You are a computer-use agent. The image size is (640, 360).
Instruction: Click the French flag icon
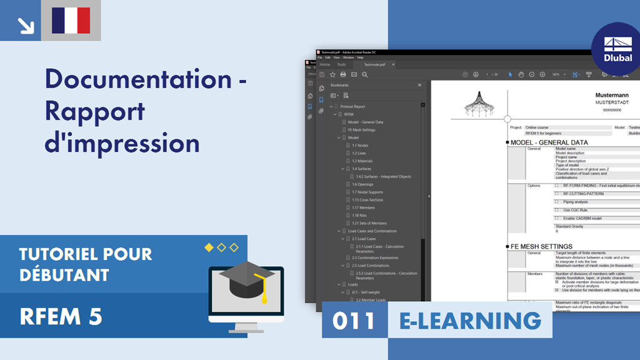[x=71, y=21]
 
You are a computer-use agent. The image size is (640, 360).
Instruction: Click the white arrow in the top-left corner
[x=26, y=25]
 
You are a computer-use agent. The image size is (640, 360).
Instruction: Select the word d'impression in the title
[x=122, y=142]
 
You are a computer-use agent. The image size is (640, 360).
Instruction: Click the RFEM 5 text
[x=61, y=317]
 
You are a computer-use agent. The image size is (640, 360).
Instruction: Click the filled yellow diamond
[x=209, y=247]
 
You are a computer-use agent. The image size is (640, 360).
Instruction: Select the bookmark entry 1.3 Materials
[x=362, y=161]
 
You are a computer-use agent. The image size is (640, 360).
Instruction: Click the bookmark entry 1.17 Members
[x=363, y=207]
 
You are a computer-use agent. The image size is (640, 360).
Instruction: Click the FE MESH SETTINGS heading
[x=541, y=246]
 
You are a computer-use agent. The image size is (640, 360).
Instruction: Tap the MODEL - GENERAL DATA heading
[x=549, y=142]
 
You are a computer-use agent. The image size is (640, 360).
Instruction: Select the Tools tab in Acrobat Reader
[x=341, y=64]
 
